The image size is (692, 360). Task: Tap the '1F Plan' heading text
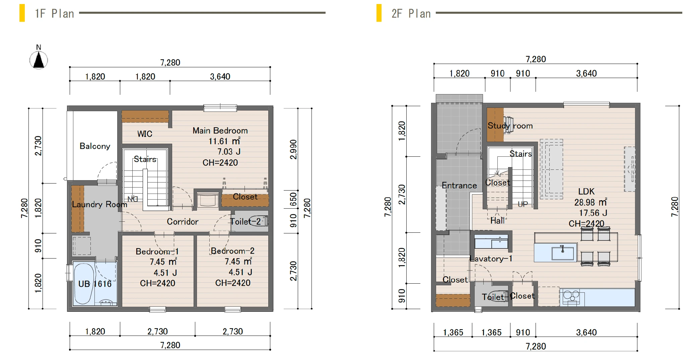(55, 14)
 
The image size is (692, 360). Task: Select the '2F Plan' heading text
(411, 14)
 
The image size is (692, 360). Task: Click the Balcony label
(95, 146)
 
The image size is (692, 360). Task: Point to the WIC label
(145, 134)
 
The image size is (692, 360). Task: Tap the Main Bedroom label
(220, 131)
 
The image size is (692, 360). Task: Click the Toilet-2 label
(246, 221)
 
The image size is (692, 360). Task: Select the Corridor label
(183, 222)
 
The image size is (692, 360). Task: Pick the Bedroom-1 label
(157, 251)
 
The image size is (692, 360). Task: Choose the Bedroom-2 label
(232, 251)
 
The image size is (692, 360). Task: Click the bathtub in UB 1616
(83, 284)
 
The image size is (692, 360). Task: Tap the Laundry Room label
(99, 204)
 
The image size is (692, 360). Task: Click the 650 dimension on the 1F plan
(293, 199)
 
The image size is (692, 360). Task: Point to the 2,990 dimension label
(293, 149)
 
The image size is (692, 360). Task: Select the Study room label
(510, 126)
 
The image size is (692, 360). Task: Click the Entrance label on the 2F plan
(459, 186)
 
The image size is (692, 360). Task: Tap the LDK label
(586, 192)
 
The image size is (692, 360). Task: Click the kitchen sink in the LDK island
(563, 252)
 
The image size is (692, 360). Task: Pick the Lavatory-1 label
(491, 259)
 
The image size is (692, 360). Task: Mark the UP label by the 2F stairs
(523, 204)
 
